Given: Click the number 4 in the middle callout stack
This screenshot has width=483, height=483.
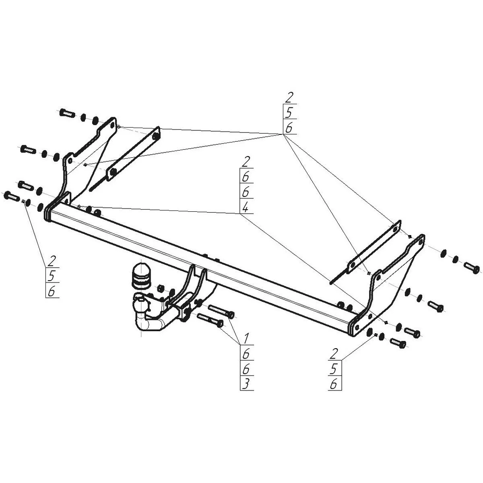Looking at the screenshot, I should (246, 207).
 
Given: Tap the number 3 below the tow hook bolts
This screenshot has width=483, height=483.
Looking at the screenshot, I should (246, 383).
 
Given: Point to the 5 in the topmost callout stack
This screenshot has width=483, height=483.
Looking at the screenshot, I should (290, 112).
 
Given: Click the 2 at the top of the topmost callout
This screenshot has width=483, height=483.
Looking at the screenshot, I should (290, 97).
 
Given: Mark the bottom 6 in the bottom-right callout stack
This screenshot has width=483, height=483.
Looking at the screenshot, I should (334, 384).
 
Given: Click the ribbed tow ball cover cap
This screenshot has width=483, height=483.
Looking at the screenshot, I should (138, 276).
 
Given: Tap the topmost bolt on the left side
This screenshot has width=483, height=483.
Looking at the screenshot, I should (66, 113).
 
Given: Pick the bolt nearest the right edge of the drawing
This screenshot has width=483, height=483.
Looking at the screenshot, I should (472, 267).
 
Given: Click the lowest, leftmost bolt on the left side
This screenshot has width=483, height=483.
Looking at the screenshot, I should (12, 197).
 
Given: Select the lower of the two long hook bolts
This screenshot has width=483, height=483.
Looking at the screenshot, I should (210, 320).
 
